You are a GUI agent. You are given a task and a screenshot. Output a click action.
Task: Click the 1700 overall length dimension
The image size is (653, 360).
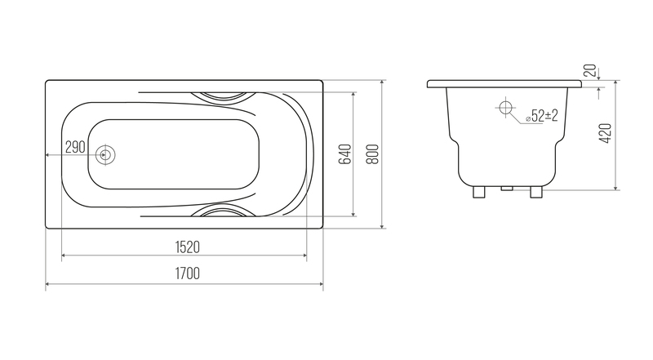[x=188, y=273]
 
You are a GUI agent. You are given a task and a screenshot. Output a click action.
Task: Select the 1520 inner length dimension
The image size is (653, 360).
[x=188, y=247]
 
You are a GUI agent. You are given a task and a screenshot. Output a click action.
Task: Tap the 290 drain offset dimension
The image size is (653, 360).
[x=75, y=147]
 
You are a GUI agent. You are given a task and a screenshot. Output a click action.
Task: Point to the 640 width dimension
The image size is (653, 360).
[x=345, y=154]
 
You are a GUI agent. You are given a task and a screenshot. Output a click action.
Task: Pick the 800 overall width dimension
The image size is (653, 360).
[x=373, y=154]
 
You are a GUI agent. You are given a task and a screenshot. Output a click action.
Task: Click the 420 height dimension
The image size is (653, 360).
[x=605, y=133]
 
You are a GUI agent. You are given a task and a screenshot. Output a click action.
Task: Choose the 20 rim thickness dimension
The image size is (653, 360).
[x=590, y=70]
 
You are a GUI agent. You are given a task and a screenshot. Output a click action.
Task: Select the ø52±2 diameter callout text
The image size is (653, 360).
[x=542, y=116]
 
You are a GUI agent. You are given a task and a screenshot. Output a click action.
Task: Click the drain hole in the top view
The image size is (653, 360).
[x=105, y=155]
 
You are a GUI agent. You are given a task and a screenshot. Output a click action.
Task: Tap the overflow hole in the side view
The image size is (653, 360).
[x=505, y=108]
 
